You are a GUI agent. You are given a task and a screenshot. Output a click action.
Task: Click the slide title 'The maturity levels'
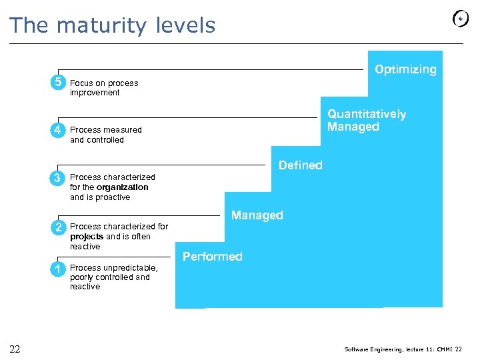(112, 25)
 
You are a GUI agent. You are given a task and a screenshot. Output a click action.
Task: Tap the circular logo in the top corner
(461, 19)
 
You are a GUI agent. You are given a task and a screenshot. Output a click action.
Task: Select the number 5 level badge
(59, 83)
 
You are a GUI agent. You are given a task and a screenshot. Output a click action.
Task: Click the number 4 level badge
(59, 130)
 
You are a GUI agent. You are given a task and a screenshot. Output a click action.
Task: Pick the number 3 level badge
(59, 177)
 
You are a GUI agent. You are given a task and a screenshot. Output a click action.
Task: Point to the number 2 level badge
(59, 227)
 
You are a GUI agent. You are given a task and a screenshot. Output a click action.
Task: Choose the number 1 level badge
(59, 268)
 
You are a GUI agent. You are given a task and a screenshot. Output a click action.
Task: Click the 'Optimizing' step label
(405, 69)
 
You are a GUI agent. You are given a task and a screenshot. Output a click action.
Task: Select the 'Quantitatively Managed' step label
(366, 120)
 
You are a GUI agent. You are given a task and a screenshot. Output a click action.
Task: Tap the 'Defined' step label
(300, 165)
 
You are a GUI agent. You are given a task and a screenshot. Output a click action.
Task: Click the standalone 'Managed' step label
(257, 215)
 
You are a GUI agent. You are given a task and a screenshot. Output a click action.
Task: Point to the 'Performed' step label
(212, 257)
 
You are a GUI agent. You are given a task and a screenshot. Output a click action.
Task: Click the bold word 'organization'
(122, 187)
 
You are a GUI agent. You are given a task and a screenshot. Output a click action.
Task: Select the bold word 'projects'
(87, 237)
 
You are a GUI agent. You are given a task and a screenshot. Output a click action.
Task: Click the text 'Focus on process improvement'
(104, 88)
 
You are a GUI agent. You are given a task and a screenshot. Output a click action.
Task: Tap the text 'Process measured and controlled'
(105, 135)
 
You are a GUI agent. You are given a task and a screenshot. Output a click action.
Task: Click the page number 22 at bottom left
(15, 349)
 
